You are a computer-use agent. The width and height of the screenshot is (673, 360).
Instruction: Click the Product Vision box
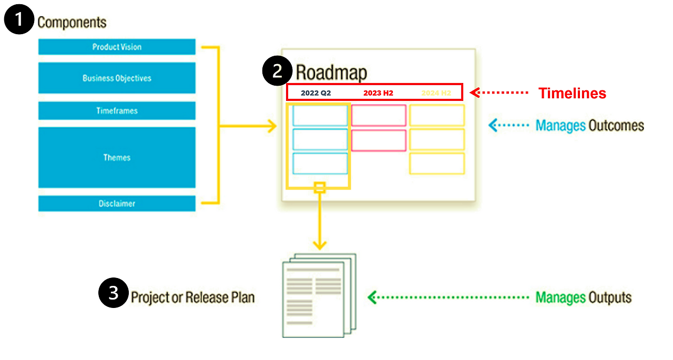(117, 47)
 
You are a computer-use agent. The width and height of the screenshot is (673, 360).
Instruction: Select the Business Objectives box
(117, 78)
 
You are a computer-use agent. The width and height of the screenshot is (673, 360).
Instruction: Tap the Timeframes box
(117, 111)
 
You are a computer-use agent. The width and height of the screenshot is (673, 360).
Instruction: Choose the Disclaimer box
(117, 203)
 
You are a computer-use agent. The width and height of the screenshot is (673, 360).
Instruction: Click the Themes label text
(117, 158)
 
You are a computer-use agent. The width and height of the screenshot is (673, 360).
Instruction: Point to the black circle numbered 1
(19, 19)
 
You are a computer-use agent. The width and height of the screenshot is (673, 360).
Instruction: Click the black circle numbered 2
(277, 71)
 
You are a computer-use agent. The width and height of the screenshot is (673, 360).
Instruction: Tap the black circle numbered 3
(114, 293)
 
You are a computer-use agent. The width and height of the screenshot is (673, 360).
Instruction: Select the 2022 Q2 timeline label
(316, 93)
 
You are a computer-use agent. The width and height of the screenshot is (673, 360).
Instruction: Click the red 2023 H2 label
(378, 93)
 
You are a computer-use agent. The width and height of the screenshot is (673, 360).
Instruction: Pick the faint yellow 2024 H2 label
(436, 93)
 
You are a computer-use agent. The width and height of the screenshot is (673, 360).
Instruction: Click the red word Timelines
(573, 94)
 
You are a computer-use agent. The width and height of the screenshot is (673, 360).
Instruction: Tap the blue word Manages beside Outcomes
(560, 126)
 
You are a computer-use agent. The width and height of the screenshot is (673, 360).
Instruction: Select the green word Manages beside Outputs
(560, 297)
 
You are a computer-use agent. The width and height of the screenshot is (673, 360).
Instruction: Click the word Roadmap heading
(331, 73)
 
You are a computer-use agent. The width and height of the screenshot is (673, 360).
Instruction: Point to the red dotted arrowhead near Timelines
(474, 92)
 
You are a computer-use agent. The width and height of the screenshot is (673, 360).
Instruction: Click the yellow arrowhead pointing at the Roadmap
(272, 126)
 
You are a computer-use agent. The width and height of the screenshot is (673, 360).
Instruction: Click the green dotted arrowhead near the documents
(372, 297)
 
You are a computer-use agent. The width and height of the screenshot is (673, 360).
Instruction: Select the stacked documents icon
(319, 296)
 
